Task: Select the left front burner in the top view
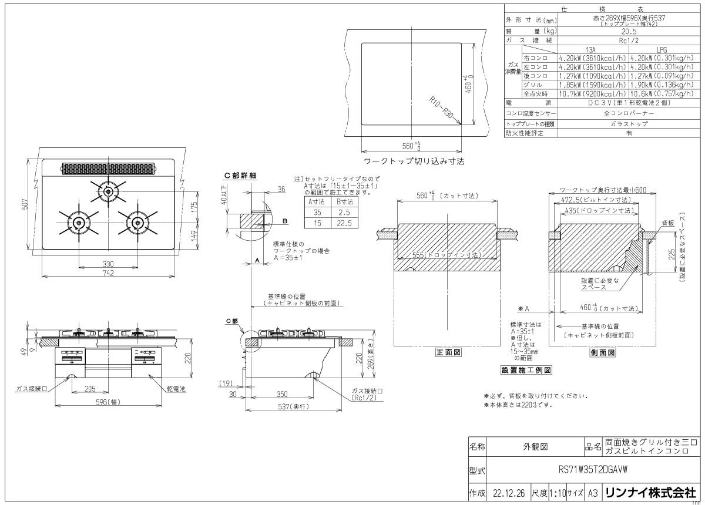tap(77, 222)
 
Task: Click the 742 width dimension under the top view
tap(108, 273)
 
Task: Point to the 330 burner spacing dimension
tap(108, 264)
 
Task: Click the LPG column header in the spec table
tap(663, 50)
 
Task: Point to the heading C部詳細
tap(240, 175)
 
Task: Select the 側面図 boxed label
tap(602, 353)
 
